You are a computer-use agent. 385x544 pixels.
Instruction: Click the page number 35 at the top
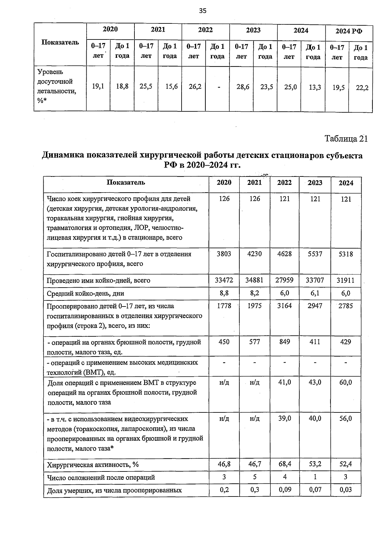(203, 11)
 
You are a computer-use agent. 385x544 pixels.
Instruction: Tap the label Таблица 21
(346, 139)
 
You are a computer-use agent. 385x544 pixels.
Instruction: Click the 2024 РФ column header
(349, 31)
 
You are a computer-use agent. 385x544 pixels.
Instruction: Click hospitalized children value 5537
(315, 254)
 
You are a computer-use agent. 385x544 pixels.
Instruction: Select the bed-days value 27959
(284, 280)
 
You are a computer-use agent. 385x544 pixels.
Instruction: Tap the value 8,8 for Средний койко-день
(224, 293)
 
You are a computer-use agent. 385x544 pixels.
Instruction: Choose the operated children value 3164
(284, 306)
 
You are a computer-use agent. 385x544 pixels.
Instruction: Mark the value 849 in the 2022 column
(284, 342)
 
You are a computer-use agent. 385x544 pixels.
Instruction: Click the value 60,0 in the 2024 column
(346, 383)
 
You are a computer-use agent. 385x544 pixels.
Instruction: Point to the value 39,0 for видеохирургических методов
(284, 419)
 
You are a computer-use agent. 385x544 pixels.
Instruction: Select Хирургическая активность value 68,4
(284, 464)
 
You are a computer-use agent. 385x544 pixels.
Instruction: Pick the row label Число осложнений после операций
(101, 478)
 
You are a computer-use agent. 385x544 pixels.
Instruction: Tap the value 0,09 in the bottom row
(284, 490)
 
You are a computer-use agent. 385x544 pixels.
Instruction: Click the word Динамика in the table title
(62, 156)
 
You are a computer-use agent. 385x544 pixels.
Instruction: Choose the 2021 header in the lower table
(254, 183)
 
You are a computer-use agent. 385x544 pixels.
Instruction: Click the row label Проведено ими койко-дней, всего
(98, 281)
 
